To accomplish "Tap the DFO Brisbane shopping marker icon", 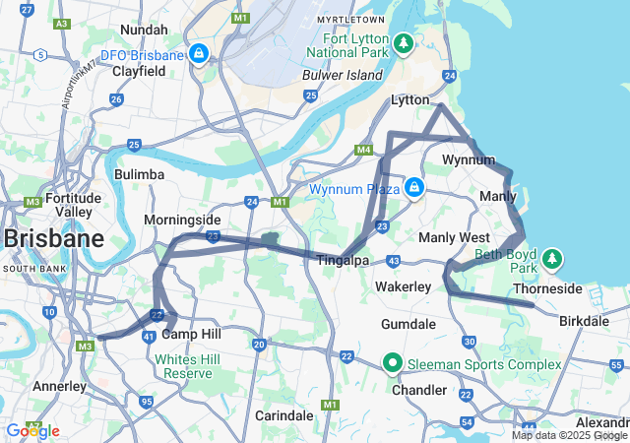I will (x=199, y=53).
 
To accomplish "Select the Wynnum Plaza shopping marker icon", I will (x=414, y=187).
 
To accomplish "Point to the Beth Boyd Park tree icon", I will (x=553, y=258).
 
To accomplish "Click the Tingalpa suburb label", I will (x=343, y=260).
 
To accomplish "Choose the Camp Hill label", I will (x=196, y=335).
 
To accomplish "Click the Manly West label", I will (x=454, y=238).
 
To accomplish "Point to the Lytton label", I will (x=411, y=100).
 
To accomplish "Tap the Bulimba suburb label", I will (x=139, y=174).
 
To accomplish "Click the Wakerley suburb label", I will (x=404, y=286).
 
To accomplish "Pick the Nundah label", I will (x=144, y=30).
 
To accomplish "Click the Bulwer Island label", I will (x=355, y=75).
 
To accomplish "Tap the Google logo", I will (x=31, y=430).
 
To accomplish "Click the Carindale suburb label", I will (x=285, y=414).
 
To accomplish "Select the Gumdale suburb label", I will (x=409, y=324).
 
